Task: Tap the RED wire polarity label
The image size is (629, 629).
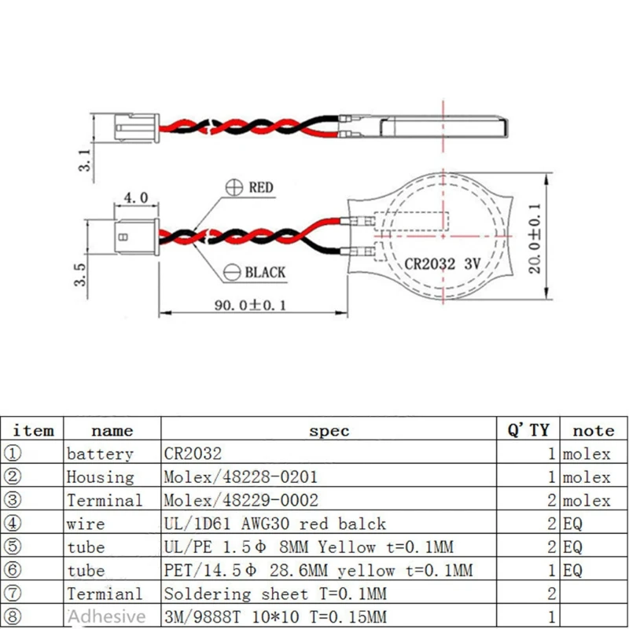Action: tap(260, 188)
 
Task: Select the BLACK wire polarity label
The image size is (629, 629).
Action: tap(265, 273)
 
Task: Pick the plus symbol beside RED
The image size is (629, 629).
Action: tap(234, 188)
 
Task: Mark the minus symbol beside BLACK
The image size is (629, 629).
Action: tap(232, 273)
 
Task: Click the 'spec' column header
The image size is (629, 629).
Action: tap(329, 430)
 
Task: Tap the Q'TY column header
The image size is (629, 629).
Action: tap(528, 430)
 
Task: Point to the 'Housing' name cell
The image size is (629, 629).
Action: tap(100, 477)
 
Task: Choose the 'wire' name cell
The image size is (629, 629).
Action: tap(86, 524)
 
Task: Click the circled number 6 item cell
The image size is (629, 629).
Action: tap(13, 570)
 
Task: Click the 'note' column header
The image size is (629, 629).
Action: tap(594, 430)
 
